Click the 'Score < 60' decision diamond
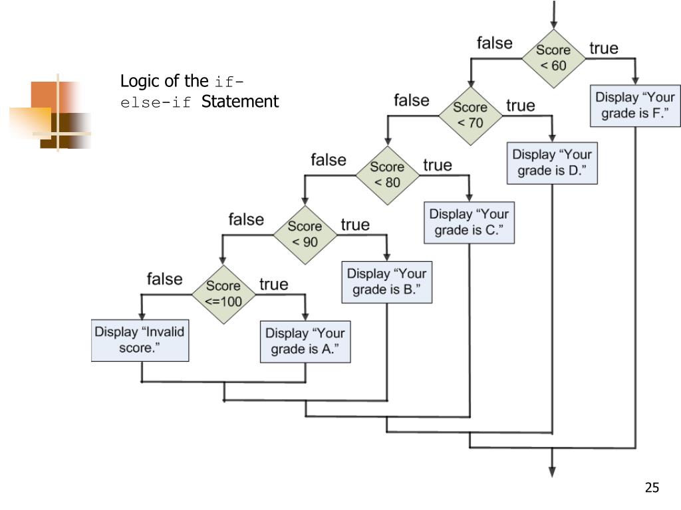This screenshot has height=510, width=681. coord(553,58)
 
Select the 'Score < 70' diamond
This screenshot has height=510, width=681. coord(470,114)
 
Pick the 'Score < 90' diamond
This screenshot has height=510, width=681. coord(305,234)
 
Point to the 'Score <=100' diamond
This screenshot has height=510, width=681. coord(223,293)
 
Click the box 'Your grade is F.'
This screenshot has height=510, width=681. coord(635,106)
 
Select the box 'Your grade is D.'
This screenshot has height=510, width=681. coord(552,163)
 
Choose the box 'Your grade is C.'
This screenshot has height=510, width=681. coord(469,223)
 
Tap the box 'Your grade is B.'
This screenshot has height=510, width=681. coord(387,282)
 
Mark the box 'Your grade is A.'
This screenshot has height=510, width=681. coord(305,341)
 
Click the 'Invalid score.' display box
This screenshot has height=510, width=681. coord(140,340)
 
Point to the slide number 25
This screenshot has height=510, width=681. coord(652,488)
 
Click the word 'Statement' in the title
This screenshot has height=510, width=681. coord(240,102)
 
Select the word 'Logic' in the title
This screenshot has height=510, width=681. coord(136,82)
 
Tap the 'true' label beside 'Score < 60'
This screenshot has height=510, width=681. coord(604,48)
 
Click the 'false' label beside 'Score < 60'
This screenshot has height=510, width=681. coord(495,43)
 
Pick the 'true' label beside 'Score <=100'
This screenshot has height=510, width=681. coord(274,284)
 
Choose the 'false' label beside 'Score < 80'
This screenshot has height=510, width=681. coord(329,160)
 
